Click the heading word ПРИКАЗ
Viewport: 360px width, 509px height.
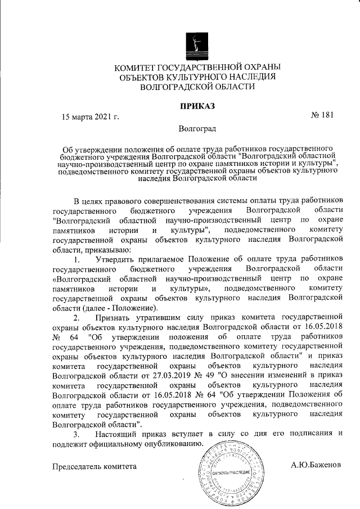197,106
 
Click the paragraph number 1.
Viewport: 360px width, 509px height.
77,260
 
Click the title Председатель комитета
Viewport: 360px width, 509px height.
94,466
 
